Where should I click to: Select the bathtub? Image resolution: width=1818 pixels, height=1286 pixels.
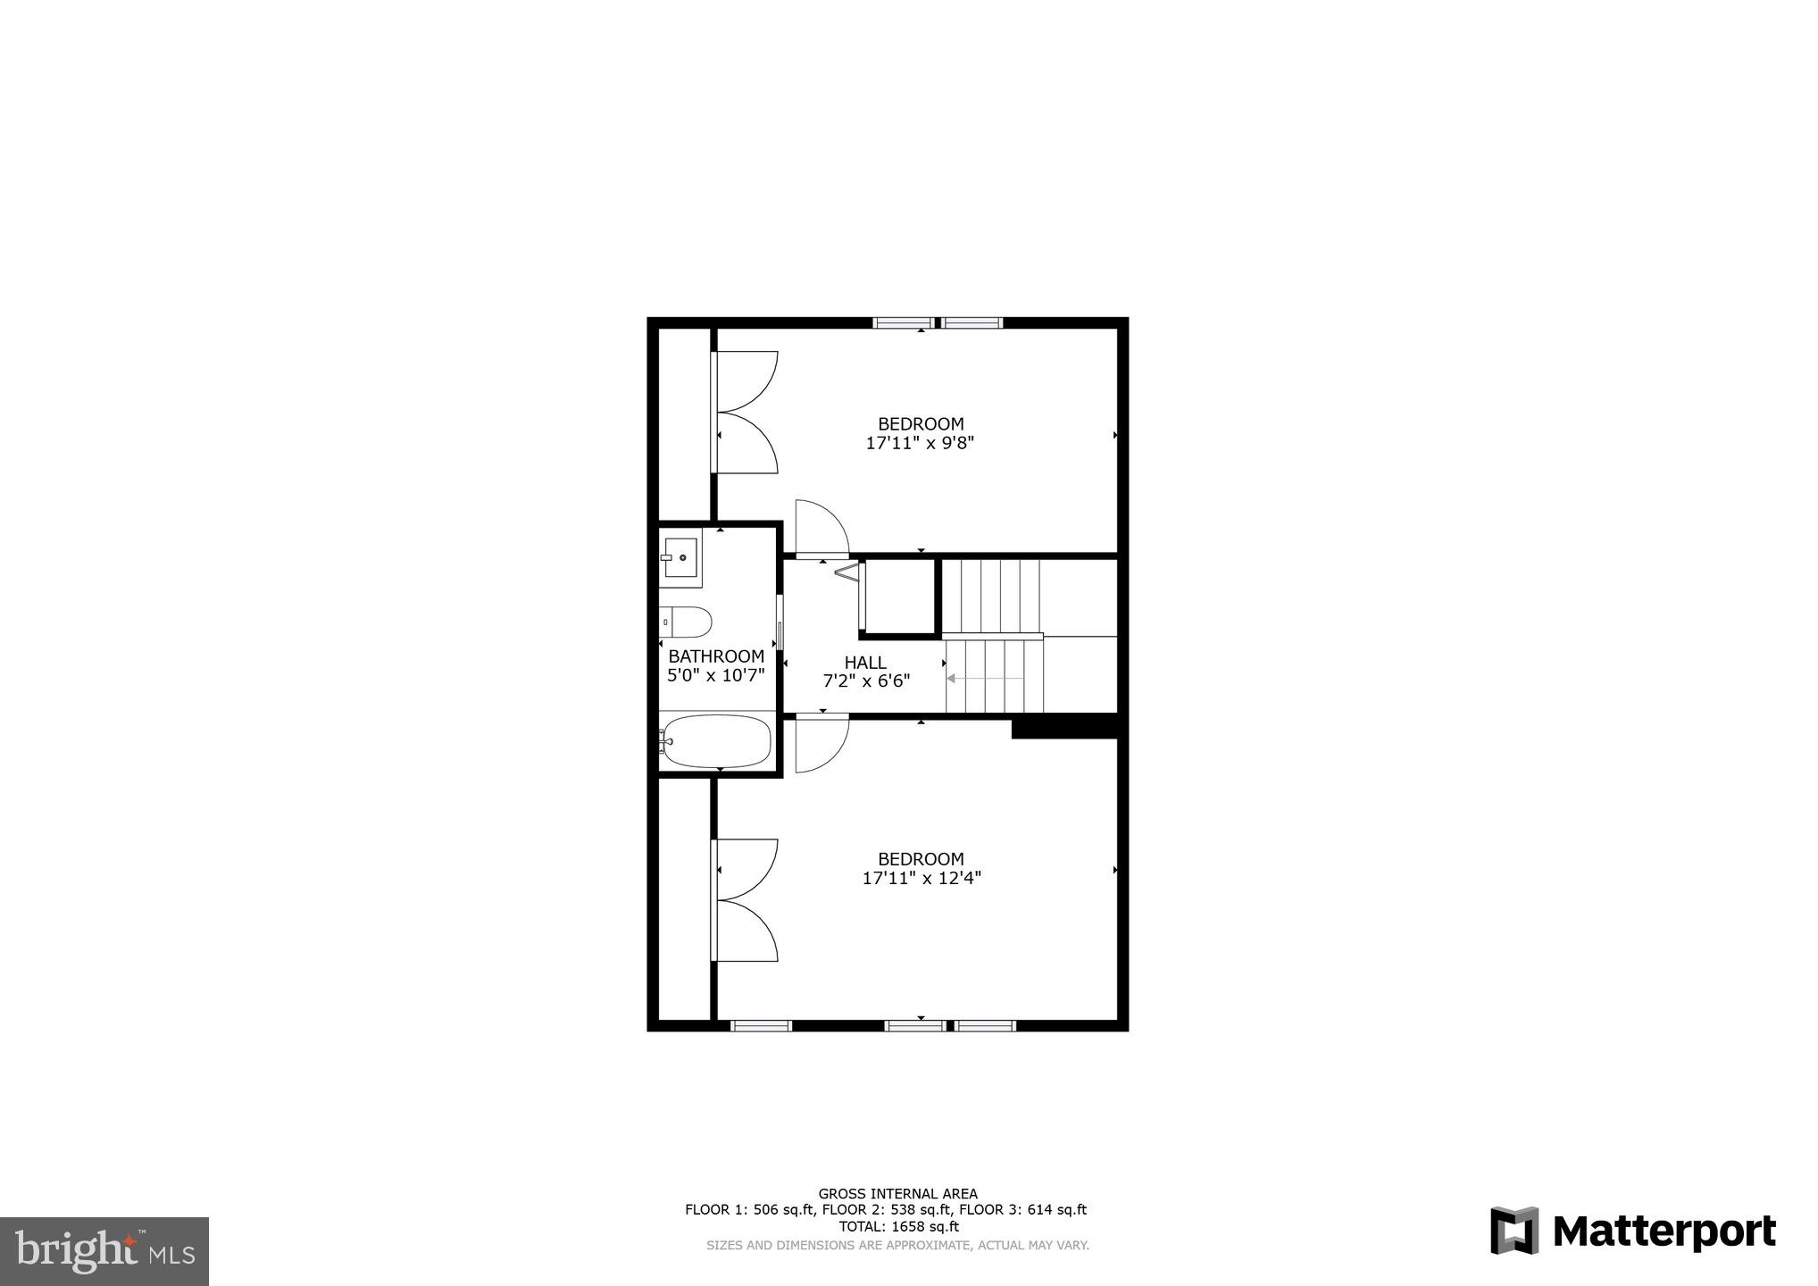[x=717, y=741]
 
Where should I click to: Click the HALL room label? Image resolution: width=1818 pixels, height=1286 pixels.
[x=865, y=663]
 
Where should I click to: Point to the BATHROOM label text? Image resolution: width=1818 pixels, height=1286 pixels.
[x=716, y=656]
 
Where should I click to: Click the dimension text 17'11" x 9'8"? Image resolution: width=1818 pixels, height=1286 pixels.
[x=920, y=443]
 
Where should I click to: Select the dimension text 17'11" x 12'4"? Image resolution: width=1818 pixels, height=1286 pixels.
[x=922, y=878]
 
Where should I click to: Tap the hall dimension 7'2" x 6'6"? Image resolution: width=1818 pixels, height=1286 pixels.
[x=865, y=681]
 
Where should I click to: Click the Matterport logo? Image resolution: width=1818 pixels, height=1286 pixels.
[x=1632, y=1232]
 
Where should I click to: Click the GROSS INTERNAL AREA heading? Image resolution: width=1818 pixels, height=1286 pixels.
[x=897, y=1193]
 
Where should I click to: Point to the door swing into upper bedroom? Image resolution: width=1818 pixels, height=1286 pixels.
[x=818, y=529]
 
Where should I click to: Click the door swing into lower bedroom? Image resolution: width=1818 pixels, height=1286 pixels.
[x=818, y=743]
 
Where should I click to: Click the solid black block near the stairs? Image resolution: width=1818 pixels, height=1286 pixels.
[x=1064, y=727]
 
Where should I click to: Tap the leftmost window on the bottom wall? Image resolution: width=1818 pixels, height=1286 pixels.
[x=761, y=1025]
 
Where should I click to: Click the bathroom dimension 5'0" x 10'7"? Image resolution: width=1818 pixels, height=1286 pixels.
[x=716, y=675]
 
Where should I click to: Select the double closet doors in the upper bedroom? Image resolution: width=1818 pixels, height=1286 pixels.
[x=746, y=412]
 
